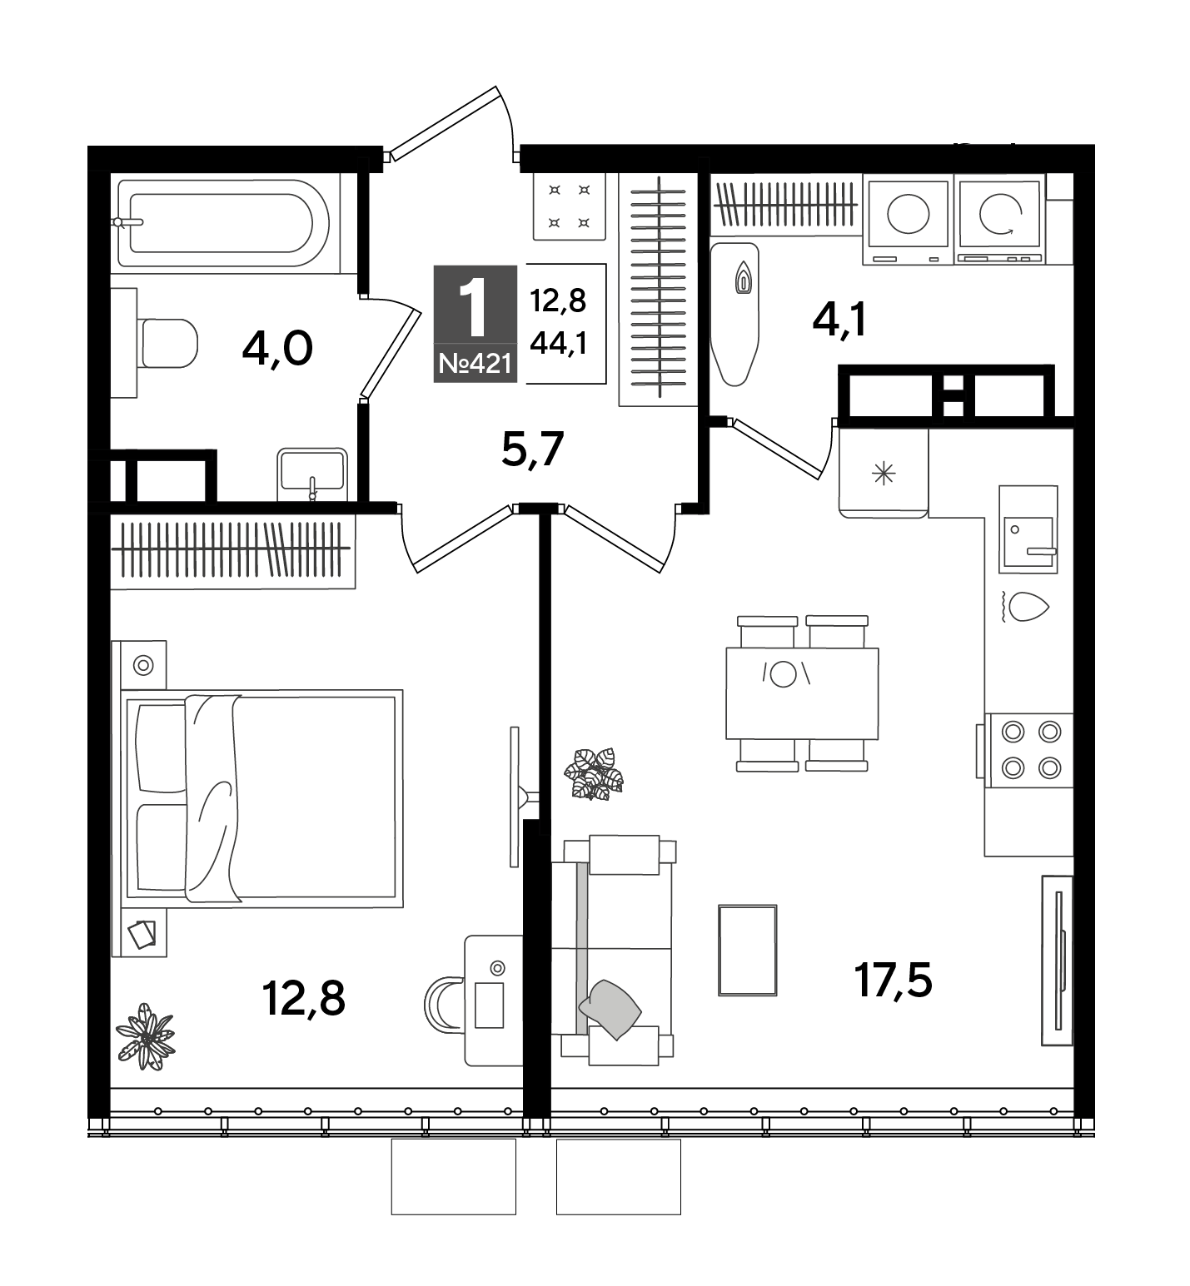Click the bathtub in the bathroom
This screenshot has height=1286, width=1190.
(224, 222)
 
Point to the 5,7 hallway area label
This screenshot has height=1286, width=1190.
(533, 450)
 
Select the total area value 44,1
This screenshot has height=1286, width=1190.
(559, 342)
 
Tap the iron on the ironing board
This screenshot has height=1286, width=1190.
(742, 278)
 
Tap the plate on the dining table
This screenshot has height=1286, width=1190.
(783, 673)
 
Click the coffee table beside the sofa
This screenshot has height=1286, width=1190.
(747, 950)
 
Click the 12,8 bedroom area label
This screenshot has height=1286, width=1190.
(303, 997)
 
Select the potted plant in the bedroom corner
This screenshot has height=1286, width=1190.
(146, 1035)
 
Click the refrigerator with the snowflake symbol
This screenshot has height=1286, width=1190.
(883, 473)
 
